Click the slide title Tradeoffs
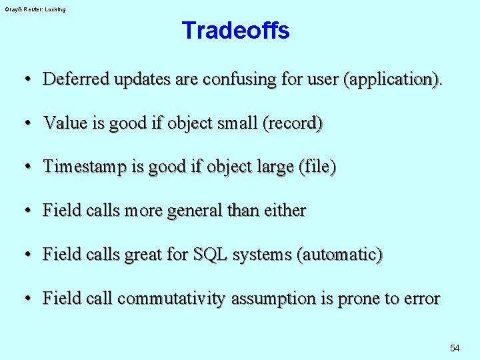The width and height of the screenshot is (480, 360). click(235, 31)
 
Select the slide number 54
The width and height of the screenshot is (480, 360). click(455, 348)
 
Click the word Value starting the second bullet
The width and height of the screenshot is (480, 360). click(61, 123)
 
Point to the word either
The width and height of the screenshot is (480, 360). click(285, 211)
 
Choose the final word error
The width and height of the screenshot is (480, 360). click(421, 299)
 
